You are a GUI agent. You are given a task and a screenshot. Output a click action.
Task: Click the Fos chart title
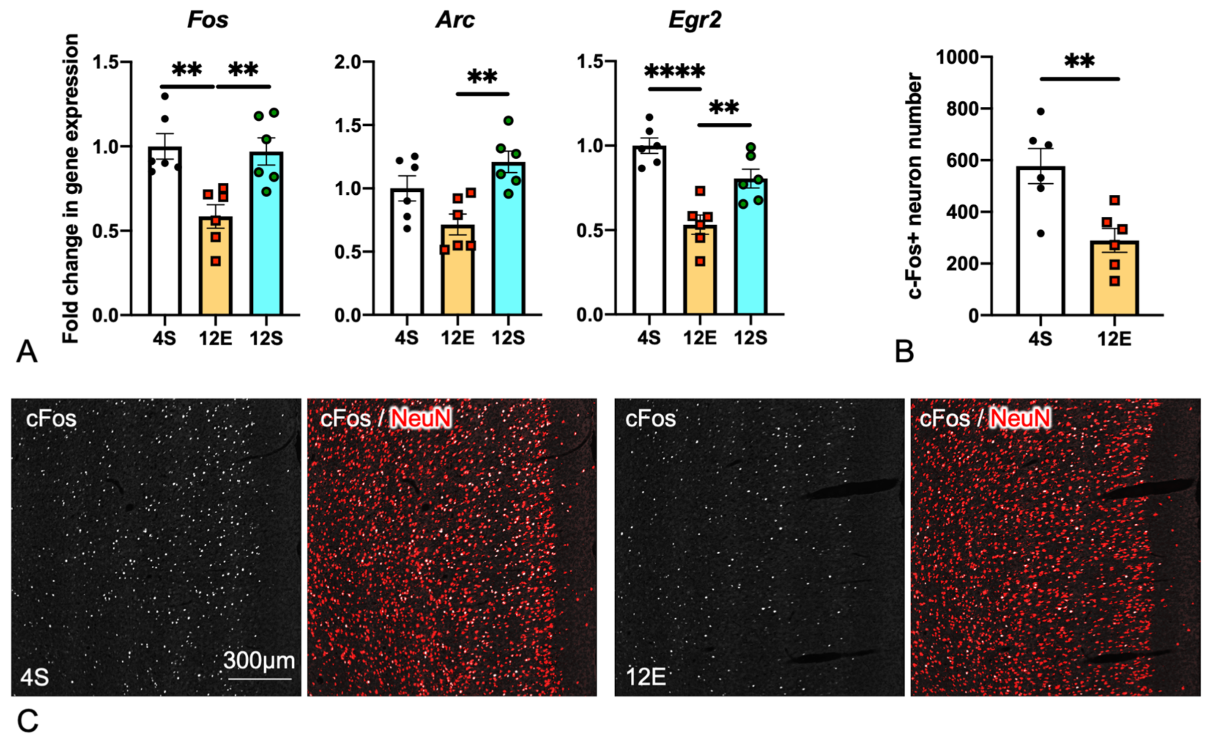coord(208,20)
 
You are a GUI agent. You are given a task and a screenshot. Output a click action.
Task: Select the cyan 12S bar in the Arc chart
coord(509,246)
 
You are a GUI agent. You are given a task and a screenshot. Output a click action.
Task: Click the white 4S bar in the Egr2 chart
coord(649,236)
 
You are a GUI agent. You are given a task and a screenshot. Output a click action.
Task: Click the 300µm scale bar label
coord(259,660)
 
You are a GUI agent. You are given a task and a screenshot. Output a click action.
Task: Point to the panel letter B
coord(904,352)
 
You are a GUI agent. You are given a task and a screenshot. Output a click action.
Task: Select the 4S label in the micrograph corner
coord(34,678)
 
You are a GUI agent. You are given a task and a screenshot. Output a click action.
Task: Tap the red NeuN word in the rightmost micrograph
coord(1020,418)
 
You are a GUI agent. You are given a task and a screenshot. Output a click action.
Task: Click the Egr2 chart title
coord(695,20)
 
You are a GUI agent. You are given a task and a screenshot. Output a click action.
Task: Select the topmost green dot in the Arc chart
coord(509,120)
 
